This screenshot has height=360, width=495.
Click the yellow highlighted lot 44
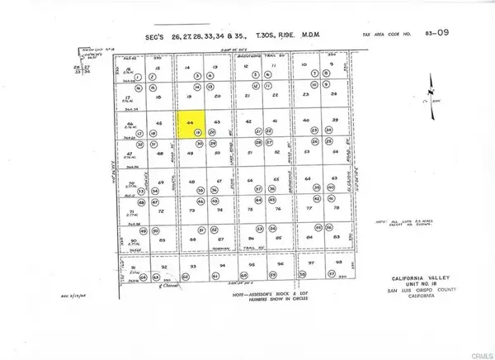[x=192, y=126]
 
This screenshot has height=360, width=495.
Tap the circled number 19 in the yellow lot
[x=198, y=132]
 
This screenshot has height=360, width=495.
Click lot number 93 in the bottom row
[x=191, y=267]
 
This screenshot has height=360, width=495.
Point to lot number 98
[x=336, y=263]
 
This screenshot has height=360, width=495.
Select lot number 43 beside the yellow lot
[x=217, y=122]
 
